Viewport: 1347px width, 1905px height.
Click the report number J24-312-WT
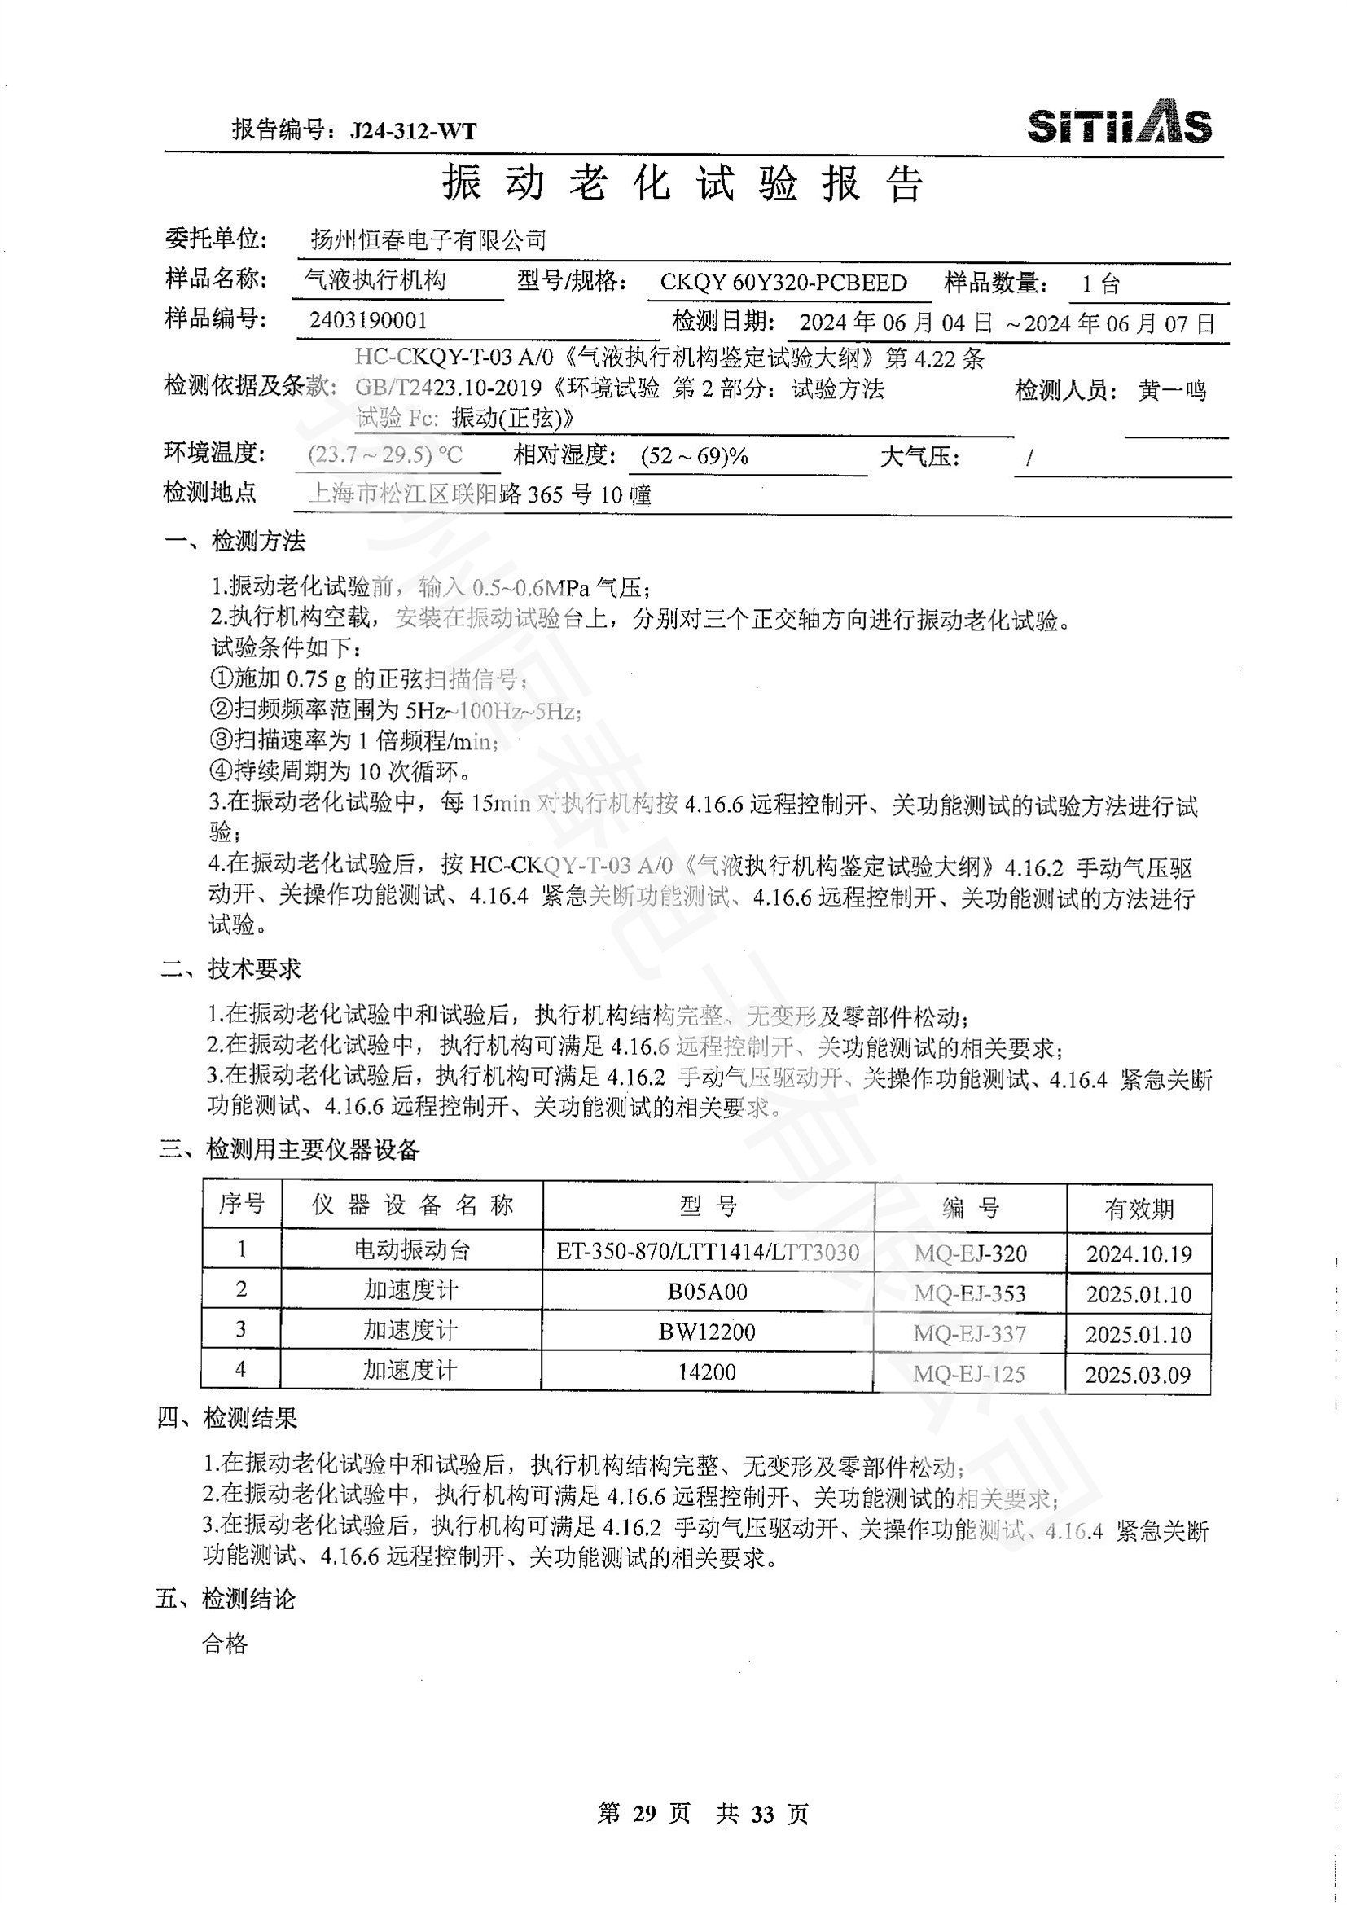[x=413, y=130]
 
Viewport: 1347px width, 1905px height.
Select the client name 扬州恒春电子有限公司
[x=428, y=240]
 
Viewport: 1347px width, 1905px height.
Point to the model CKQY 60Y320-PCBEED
[x=783, y=283]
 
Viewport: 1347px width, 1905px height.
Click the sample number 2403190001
[x=368, y=321]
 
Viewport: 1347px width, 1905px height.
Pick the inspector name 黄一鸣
[x=1171, y=390]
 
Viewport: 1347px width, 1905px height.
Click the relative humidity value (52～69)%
[x=694, y=456]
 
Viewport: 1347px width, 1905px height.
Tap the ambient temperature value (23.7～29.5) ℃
[x=385, y=455]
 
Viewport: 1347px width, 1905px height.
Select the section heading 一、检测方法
[x=235, y=542]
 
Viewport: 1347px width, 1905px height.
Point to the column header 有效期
[x=1138, y=1209]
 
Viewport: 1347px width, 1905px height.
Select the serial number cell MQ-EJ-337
[x=969, y=1334]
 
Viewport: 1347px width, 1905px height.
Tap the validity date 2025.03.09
[x=1138, y=1376]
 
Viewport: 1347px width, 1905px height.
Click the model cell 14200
[x=707, y=1372]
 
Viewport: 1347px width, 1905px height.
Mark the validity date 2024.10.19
[x=1138, y=1253]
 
